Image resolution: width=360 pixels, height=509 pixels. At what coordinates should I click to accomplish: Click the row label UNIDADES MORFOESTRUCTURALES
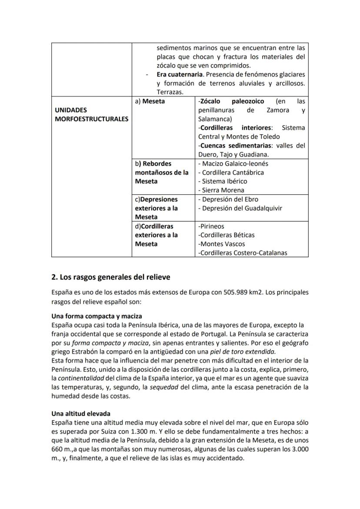[x=91, y=115]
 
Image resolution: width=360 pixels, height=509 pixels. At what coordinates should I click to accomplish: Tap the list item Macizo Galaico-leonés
[x=233, y=164]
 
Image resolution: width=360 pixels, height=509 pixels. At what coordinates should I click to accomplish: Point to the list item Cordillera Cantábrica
[x=231, y=173]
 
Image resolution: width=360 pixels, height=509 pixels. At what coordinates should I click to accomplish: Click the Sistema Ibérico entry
[x=222, y=181]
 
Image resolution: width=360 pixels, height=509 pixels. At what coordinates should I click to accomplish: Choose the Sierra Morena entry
[x=221, y=190]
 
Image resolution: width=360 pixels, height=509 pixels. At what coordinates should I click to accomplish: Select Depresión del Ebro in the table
[x=227, y=200]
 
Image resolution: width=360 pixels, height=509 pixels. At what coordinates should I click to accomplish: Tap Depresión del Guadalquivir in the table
[x=240, y=208]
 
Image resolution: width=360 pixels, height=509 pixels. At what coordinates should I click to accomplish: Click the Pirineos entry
[x=211, y=226]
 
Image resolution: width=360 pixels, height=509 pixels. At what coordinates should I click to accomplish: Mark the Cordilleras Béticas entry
[x=226, y=235]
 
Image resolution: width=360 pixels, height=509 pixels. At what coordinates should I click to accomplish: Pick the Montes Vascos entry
[x=221, y=244]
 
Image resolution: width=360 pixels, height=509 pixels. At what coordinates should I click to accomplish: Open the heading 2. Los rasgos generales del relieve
[x=111, y=277]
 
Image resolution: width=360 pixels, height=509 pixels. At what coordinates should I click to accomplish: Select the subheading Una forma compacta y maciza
[x=97, y=316]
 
